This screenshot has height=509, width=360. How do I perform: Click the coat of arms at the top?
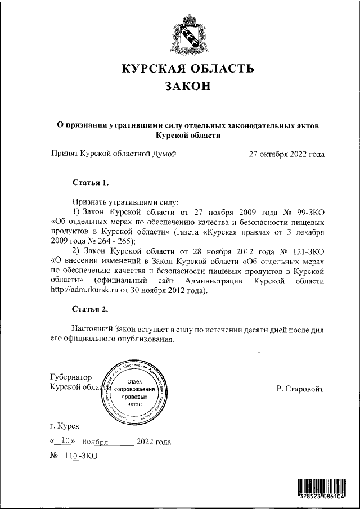click(189, 35)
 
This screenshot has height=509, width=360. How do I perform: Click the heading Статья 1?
click(89, 183)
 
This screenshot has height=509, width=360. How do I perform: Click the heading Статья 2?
click(89, 309)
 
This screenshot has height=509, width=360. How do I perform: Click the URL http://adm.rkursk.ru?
click(84, 291)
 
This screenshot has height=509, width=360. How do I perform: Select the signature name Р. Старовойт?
click(300, 389)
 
